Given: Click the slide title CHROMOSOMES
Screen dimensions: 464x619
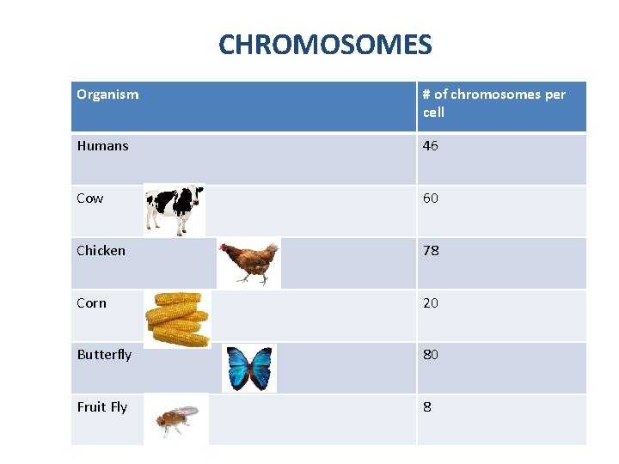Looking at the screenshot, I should [x=325, y=44].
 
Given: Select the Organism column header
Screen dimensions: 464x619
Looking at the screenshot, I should [x=107, y=95].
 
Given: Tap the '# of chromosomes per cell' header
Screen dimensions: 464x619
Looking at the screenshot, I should [x=493, y=103].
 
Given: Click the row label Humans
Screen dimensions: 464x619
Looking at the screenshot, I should [x=102, y=146].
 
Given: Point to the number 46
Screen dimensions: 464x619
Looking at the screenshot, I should [x=431, y=146].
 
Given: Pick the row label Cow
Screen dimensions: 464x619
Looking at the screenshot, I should [x=89, y=198].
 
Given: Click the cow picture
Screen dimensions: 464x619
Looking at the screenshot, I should [x=175, y=208].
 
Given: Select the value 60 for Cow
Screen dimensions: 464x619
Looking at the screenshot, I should [x=431, y=198].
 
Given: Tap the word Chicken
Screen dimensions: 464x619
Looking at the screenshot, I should [x=101, y=251].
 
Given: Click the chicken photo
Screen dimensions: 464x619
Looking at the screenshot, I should [x=248, y=262].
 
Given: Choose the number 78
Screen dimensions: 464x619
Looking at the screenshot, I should [x=431, y=251].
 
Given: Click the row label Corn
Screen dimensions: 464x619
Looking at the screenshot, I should [x=92, y=303].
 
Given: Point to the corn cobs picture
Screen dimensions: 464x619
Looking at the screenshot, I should [x=177, y=319].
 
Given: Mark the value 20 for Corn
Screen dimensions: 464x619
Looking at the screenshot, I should [x=431, y=303].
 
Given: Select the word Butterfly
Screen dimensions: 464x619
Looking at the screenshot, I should [x=104, y=355].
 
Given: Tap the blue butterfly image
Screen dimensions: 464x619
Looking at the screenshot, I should [x=249, y=368].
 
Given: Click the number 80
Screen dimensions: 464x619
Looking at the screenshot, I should [x=431, y=355].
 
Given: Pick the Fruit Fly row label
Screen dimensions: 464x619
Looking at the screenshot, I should [x=101, y=407].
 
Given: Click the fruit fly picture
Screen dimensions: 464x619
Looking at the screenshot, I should [x=176, y=419].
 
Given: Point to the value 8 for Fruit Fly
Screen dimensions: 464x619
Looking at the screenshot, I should [x=427, y=407].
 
